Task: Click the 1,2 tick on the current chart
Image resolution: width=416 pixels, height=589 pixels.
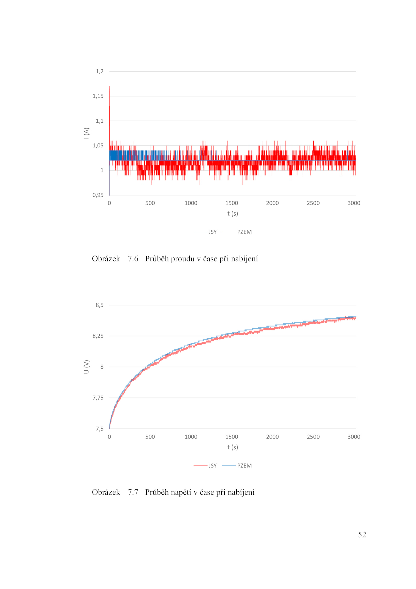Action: coord(99,71)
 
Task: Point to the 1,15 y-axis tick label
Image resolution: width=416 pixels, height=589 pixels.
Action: coord(98,96)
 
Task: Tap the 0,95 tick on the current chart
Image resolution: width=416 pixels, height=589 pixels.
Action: coord(98,195)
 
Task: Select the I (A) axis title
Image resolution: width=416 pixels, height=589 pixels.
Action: coord(86,133)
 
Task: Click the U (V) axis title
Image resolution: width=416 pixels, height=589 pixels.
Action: coord(86,367)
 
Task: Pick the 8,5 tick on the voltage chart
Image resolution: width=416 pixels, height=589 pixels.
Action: coord(99,305)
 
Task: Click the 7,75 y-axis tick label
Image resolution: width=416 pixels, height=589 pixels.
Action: coord(98,398)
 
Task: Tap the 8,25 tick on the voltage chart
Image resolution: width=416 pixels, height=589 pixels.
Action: coord(98,336)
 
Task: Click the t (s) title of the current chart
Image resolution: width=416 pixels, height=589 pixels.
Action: coord(232,214)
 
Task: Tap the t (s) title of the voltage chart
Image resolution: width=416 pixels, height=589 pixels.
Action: coord(232,447)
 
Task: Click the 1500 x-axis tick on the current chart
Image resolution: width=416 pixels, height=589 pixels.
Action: coord(231,203)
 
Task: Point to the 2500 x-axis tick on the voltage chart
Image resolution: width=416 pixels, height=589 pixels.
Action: coord(313,437)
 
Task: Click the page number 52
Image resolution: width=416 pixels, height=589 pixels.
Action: coord(362,535)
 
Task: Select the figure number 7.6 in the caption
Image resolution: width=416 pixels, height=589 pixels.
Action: coord(133,259)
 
